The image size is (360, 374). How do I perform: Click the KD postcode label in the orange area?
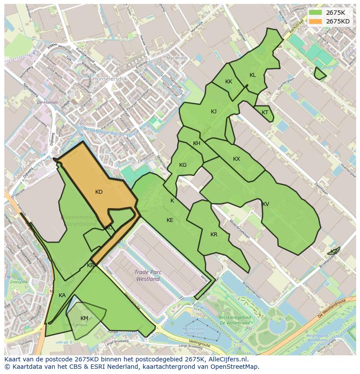pyautogui.click(x=99, y=192)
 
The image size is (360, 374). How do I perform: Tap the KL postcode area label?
pyautogui.click(x=253, y=75)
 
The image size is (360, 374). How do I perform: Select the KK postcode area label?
pyautogui.click(x=229, y=82)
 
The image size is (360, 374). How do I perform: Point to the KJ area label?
pyautogui.click(x=213, y=112)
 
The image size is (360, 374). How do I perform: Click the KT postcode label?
pyautogui.click(x=265, y=113)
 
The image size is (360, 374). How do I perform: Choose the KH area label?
pyautogui.click(x=197, y=144)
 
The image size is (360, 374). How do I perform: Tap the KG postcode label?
pyautogui.click(x=183, y=165)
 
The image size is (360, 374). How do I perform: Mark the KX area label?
pyautogui.click(x=236, y=159)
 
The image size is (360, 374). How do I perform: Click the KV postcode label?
pyautogui.click(x=265, y=204)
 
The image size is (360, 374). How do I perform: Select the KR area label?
pyautogui.click(x=213, y=235)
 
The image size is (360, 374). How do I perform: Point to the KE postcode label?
pyautogui.click(x=170, y=220)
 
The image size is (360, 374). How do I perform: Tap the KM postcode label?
pyautogui.click(x=84, y=318)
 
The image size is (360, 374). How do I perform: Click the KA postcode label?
pyautogui.click(x=62, y=295)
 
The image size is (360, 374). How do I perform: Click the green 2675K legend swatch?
pyautogui.click(x=315, y=13)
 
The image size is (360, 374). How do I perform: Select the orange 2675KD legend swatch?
pyautogui.click(x=315, y=21)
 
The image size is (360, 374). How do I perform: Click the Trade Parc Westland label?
pyautogui.click(x=148, y=276)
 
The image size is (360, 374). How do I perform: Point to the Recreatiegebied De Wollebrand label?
pyautogui.click(x=235, y=320)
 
